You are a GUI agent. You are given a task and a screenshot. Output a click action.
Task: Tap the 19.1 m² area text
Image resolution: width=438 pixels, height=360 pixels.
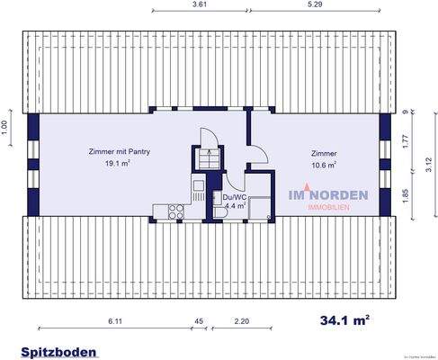click(120, 165)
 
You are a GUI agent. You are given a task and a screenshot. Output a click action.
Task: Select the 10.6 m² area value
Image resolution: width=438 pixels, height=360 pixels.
click(324, 165)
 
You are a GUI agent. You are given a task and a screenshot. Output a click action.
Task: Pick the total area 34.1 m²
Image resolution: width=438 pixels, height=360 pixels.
click(345, 319)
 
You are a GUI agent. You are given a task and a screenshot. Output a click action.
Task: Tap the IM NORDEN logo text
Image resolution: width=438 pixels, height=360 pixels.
click(326, 193)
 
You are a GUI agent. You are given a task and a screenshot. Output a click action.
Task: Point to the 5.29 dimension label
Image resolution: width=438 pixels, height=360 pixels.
click(315, 5)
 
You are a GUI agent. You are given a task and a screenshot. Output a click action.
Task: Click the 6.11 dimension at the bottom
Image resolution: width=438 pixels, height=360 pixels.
click(114, 321)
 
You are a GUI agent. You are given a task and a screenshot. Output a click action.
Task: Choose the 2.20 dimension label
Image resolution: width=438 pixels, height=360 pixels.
click(242, 321)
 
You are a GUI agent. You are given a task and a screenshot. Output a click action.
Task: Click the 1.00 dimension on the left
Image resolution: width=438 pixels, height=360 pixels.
click(4, 128)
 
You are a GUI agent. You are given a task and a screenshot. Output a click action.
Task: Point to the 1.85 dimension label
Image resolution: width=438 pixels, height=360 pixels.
click(407, 193)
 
